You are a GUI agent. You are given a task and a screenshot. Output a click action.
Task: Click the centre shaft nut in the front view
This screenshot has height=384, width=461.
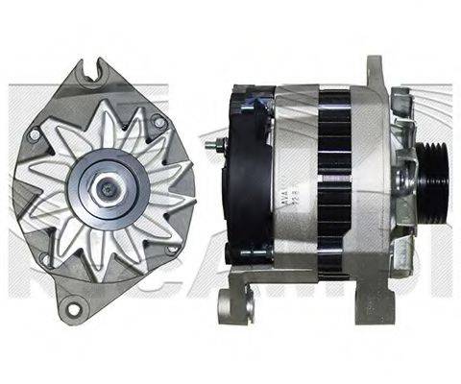(102, 182)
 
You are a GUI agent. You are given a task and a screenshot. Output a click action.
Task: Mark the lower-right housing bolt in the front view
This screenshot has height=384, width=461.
(170, 249)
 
